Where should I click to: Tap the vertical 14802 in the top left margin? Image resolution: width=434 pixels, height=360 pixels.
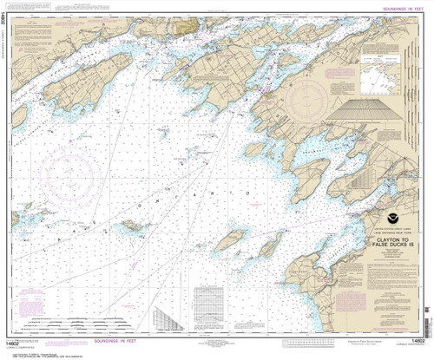(6, 33)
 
